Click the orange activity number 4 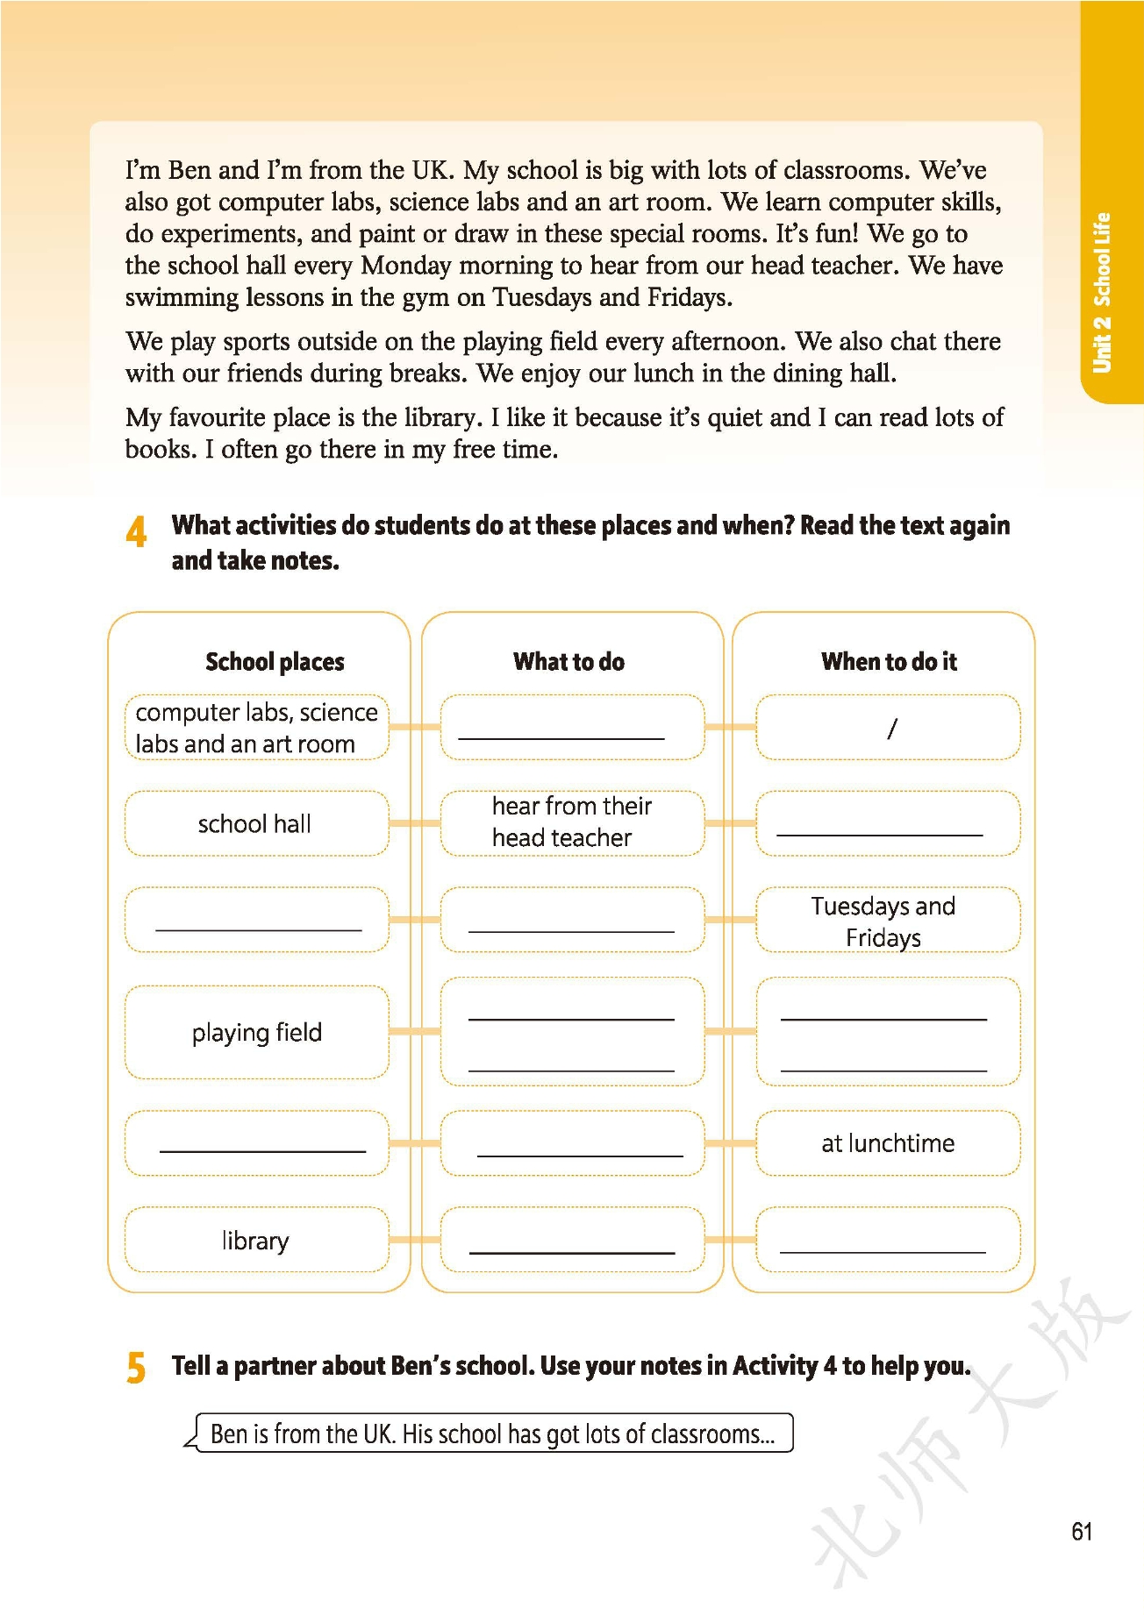point(136,532)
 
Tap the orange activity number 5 point(136,1367)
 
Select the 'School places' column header point(275,661)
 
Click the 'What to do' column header point(568,661)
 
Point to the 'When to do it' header point(889,661)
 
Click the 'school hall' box point(255,823)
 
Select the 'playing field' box point(257,1032)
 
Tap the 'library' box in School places point(255,1240)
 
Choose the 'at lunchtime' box point(888,1142)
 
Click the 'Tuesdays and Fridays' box point(883,921)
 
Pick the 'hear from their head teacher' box point(571,822)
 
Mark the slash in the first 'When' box point(891,728)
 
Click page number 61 point(1082,1531)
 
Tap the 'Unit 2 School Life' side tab point(1102,292)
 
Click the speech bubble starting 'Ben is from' point(492,1434)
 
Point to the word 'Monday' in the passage point(407,265)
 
